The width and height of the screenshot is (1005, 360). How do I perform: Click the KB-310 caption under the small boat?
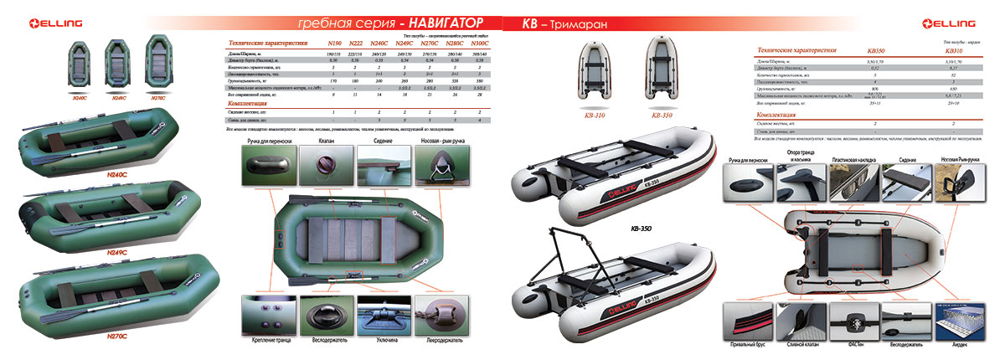point(592,116)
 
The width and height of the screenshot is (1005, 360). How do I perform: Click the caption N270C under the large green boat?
point(116,336)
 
